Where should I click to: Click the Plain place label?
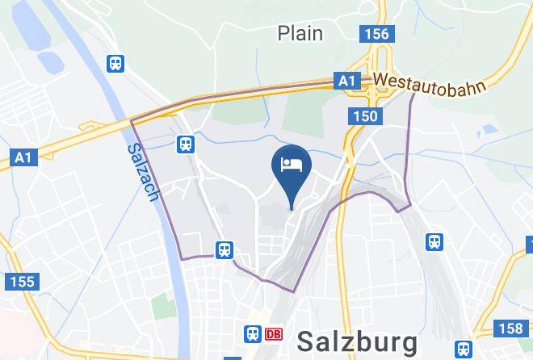coord(300,33)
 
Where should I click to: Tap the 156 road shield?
coord(376,34)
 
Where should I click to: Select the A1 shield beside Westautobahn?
coord(346,82)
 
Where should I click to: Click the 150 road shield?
coord(364,117)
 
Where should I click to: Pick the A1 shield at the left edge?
coord(23,157)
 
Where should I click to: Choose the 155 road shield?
coord(21,282)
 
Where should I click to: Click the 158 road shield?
coord(510,328)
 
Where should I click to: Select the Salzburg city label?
coord(357,341)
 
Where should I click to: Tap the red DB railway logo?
coord(274,333)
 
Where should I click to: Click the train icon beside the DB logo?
coord(253,333)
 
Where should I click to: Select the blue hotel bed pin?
coord(292,164)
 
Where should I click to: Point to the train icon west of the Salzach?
coord(116,63)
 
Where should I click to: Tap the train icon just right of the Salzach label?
coord(187,144)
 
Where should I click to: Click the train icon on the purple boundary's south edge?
coord(225,249)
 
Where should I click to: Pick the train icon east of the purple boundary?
coord(434,241)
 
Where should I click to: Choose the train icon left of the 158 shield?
coord(464,349)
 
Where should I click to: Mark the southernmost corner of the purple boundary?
coord(292,291)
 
